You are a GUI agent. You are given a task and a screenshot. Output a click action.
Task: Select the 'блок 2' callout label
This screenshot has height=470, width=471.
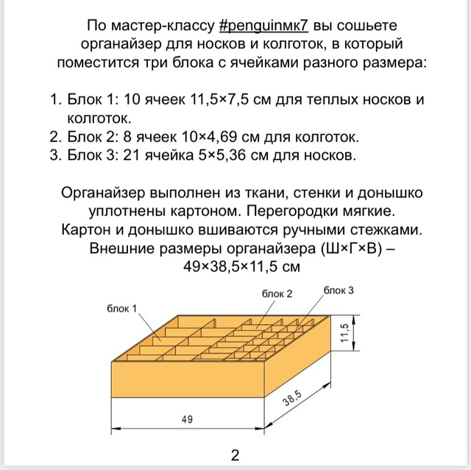tap(277, 293)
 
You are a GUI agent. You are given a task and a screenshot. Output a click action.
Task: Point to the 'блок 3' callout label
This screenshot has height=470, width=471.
tap(339, 291)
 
